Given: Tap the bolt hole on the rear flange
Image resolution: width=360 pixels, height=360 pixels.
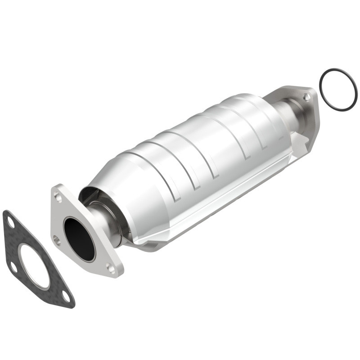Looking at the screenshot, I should pos(306,97).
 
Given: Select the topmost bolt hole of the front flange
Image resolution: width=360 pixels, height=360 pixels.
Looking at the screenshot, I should pos(58,196).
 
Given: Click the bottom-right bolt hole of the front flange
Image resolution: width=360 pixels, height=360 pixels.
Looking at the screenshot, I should pos(110,269).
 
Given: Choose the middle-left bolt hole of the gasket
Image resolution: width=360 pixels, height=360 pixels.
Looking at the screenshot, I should pos(13,267).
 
